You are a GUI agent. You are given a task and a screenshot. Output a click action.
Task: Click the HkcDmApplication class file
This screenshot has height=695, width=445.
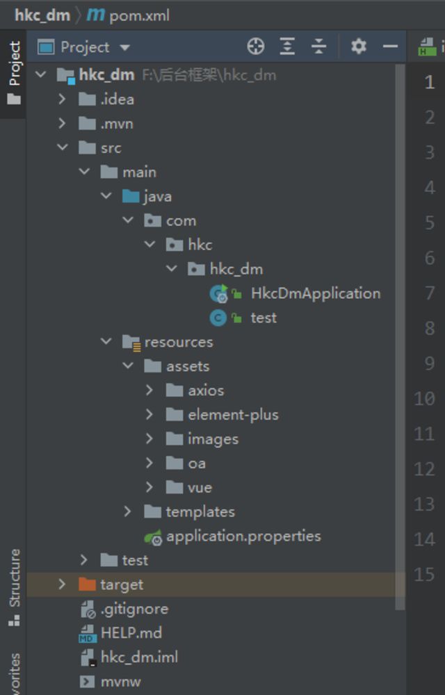click(x=315, y=293)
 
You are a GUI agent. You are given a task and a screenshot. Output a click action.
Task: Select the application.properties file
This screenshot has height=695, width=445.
click(x=243, y=536)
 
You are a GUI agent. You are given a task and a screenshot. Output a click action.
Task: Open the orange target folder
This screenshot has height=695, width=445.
click(x=121, y=584)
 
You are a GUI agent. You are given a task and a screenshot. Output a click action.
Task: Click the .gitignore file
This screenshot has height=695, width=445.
click(x=133, y=609)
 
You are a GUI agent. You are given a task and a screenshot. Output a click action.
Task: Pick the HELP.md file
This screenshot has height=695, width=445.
click(x=131, y=633)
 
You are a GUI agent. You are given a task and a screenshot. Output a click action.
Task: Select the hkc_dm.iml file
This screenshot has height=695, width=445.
click(x=139, y=657)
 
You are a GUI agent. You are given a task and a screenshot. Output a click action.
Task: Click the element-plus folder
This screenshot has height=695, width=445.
click(x=232, y=415)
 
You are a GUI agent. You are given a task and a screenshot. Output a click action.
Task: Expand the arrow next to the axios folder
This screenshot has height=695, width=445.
click(x=149, y=391)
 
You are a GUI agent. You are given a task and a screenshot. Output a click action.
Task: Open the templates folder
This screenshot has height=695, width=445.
click(x=200, y=512)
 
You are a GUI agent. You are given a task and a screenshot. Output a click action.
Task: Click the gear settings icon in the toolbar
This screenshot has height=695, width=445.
click(x=358, y=47)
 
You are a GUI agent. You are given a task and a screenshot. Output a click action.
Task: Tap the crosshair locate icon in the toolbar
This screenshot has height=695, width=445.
click(x=256, y=47)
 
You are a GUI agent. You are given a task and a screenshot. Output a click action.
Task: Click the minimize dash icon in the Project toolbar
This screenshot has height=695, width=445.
click(x=391, y=47)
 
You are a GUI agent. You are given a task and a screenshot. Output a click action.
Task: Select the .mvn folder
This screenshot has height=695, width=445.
click(x=116, y=124)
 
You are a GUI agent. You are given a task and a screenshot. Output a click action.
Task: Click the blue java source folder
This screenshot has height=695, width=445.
click(x=157, y=197)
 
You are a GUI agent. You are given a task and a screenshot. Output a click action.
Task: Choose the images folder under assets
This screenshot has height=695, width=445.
click(x=212, y=439)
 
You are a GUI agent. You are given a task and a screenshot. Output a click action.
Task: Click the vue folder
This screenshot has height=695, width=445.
click(x=199, y=487)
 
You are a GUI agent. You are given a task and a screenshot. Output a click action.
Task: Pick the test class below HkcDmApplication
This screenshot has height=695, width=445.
click(x=264, y=318)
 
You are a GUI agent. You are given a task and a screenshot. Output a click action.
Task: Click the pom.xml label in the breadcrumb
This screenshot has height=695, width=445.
click(x=139, y=15)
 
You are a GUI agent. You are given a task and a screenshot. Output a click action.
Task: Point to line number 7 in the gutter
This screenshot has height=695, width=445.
click(x=430, y=293)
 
